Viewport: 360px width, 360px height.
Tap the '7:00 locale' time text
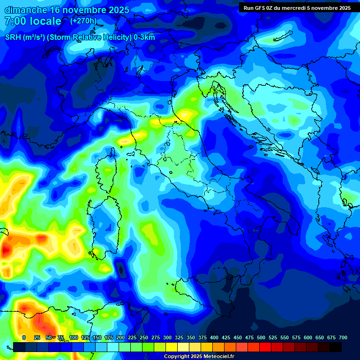[33, 21]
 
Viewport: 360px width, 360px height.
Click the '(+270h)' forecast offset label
[84, 21]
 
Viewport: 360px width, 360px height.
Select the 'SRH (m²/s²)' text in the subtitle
[24, 37]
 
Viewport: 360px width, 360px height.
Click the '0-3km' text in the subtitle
[144, 37]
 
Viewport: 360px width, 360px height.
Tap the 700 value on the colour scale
[343, 337]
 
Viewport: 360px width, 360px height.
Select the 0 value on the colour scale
[24, 337]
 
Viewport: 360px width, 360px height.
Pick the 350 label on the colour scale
[191, 337]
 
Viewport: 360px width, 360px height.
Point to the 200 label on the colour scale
[120, 337]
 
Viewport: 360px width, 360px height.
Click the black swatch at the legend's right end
[336, 347]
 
